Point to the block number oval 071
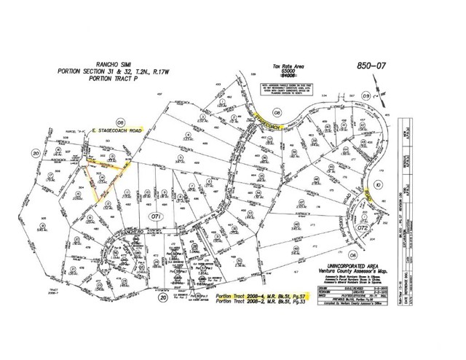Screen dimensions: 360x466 point(154,217)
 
